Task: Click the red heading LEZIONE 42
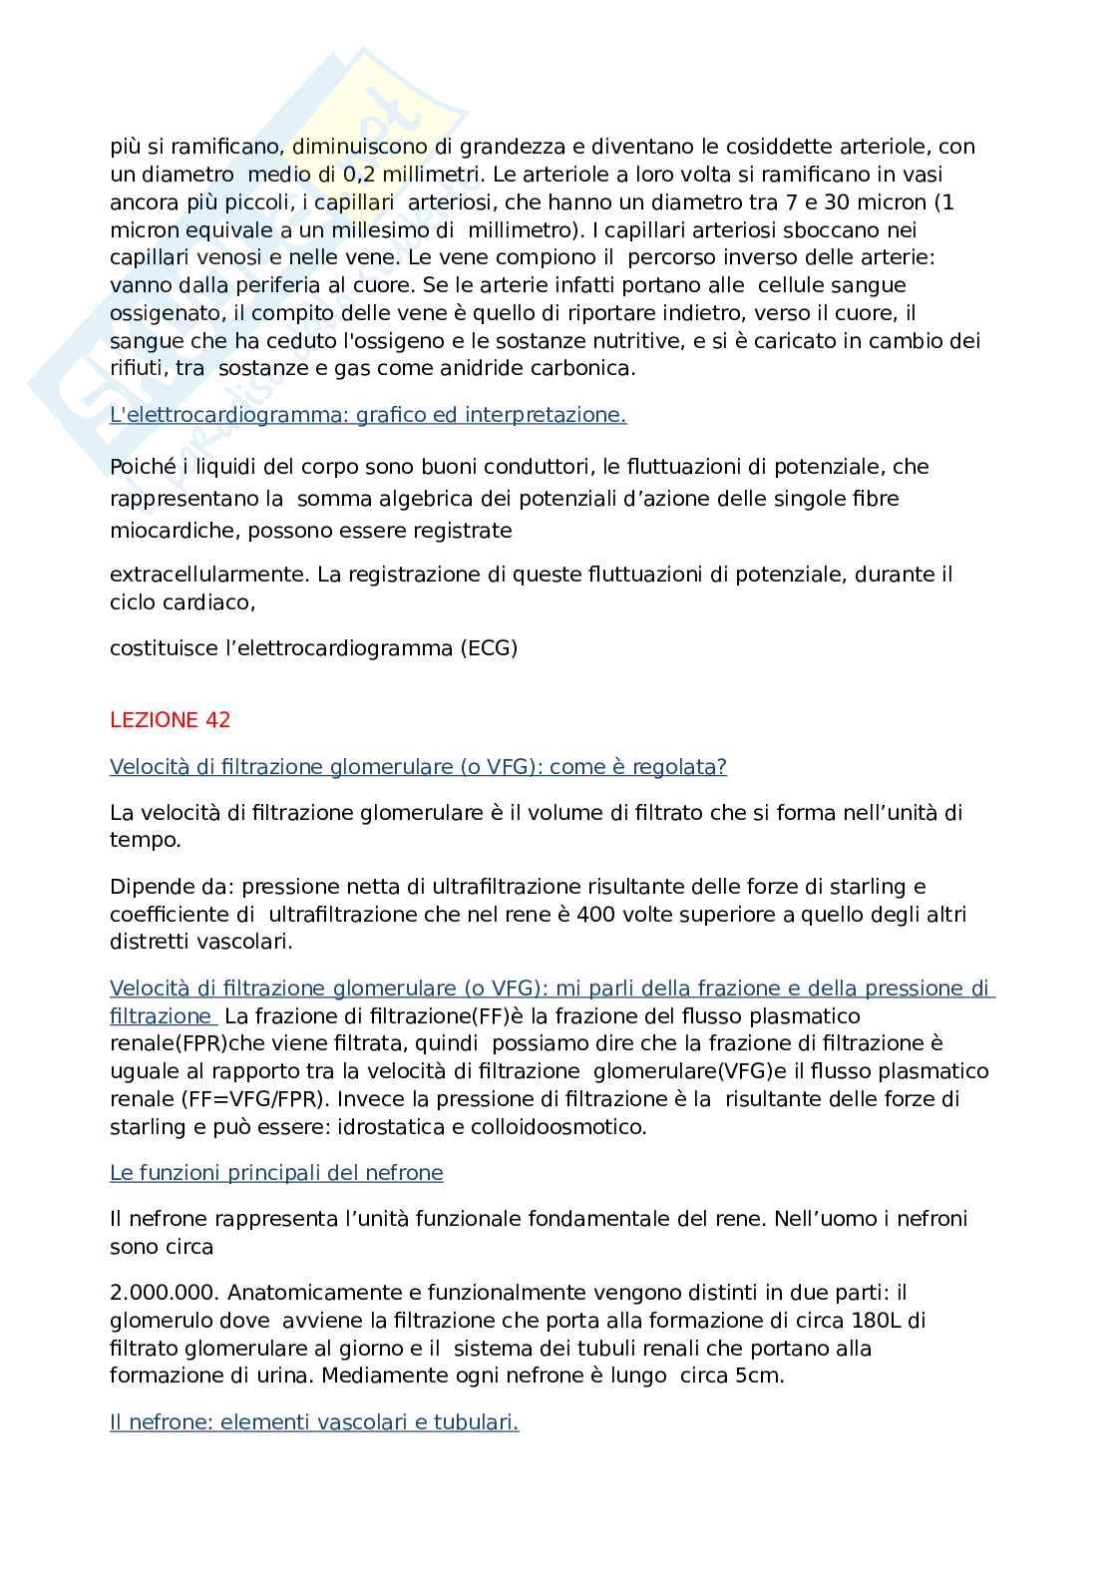(x=170, y=720)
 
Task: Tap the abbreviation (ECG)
(x=489, y=648)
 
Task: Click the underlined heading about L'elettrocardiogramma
(x=368, y=415)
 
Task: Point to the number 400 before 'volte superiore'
(x=595, y=914)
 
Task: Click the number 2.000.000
(x=164, y=1293)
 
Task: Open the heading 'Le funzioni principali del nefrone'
(x=276, y=1173)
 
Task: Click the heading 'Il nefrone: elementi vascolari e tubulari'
(x=314, y=1422)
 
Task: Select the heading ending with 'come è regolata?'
(x=418, y=767)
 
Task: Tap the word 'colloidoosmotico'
(x=564, y=1127)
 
